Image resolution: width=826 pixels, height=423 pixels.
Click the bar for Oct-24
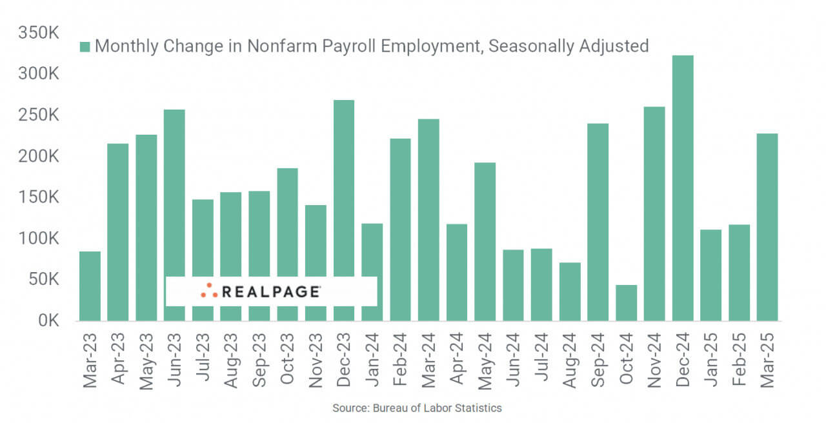click(x=626, y=303)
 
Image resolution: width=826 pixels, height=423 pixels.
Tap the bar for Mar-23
click(x=90, y=286)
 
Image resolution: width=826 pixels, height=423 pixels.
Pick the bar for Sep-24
click(x=598, y=222)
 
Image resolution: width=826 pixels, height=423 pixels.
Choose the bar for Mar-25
click(x=767, y=227)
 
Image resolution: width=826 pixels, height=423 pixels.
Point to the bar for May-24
click(x=485, y=241)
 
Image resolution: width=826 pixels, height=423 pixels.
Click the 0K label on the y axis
click(x=48, y=320)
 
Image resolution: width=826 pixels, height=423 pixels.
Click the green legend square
click(x=85, y=46)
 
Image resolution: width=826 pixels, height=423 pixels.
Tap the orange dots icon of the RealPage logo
click(x=208, y=291)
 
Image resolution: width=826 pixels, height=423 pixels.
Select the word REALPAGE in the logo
click(x=270, y=291)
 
